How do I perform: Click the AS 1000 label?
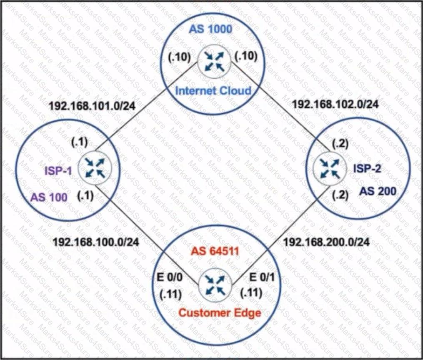pos(211,30)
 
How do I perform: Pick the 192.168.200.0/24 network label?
pos(326,241)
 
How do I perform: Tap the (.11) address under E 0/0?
pos(171,294)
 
